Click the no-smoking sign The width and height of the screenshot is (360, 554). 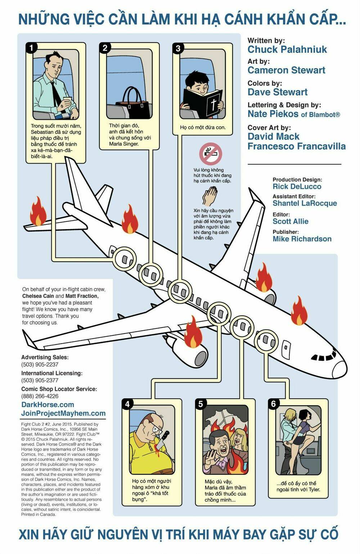pyautogui.click(x=211, y=153)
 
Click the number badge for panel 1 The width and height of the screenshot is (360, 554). pyautogui.click(x=31, y=48)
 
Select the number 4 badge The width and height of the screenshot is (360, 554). pyautogui.click(x=127, y=404)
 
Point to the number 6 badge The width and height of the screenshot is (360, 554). pyautogui.click(x=274, y=404)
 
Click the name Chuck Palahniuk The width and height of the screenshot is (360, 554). pyautogui.click(x=287, y=49)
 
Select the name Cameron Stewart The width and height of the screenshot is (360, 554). pyautogui.click(x=286, y=70)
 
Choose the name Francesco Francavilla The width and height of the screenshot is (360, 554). pyautogui.click(x=297, y=146)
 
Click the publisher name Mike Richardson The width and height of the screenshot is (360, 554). pyautogui.click(x=302, y=239)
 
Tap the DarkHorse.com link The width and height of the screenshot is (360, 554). pyautogui.click(x=48, y=405)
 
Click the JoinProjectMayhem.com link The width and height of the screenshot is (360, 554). pyautogui.click(x=63, y=413)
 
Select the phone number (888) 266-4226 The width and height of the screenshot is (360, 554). pyautogui.click(x=40, y=396)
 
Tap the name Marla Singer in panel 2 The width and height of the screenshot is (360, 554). pyautogui.click(x=123, y=144)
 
